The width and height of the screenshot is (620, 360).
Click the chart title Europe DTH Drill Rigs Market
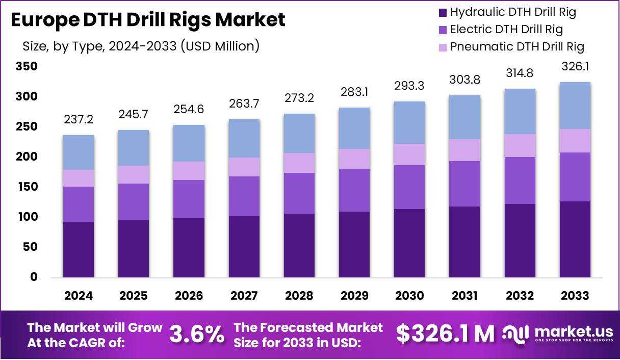(147, 20)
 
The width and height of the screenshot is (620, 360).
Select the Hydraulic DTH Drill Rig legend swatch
(442, 12)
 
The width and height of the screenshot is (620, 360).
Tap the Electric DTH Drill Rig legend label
(506, 29)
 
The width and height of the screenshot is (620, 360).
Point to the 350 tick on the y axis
(27, 67)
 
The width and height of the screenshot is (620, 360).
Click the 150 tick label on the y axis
(27, 187)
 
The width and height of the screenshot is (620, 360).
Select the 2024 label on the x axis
(78, 296)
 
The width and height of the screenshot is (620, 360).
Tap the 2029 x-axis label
(354, 296)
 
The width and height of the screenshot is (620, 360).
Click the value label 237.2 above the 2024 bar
(78, 119)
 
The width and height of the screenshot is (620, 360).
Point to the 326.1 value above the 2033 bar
(575, 67)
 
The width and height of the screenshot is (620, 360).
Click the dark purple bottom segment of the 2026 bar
(189, 248)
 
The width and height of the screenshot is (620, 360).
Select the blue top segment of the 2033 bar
(575, 106)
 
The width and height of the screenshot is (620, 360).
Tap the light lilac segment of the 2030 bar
(409, 155)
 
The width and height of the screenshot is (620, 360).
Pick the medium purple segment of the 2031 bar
(464, 184)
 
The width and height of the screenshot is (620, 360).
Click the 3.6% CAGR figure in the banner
(196, 335)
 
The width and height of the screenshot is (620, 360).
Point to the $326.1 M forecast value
(445, 334)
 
